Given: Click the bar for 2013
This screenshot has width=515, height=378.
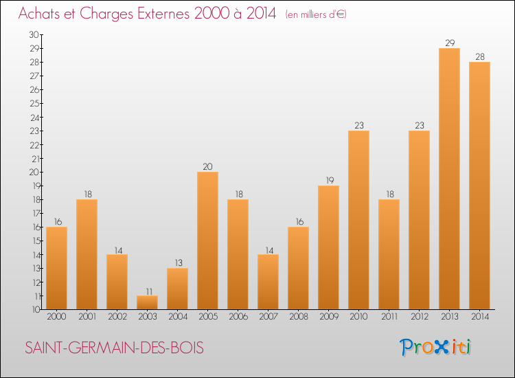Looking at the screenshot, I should [x=449, y=179].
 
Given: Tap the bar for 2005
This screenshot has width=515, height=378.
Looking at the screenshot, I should [x=207, y=241].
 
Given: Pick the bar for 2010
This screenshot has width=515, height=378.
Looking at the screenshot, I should [x=358, y=220].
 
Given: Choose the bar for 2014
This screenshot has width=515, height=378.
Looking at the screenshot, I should [x=479, y=186].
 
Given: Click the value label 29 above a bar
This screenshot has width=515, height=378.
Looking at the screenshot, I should [x=449, y=43].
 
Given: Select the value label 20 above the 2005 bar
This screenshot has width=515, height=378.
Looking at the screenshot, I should [x=207, y=166].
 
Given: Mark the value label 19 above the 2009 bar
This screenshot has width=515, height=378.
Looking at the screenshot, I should [x=328, y=180].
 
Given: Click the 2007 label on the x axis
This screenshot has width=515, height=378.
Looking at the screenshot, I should [x=268, y=318].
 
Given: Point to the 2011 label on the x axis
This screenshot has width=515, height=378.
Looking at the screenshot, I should [x=389, y=318].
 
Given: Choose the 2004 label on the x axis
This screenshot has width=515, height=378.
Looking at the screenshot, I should [x=177, y=318].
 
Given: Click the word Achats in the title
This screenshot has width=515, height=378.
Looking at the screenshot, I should [x=43, y=14].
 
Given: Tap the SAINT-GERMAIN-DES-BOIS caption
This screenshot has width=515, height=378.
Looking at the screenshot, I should [x=115, y=348].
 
